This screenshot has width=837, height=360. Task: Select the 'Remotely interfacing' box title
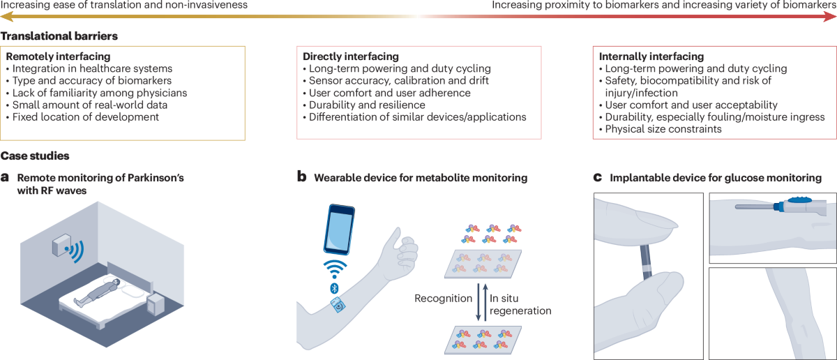58,56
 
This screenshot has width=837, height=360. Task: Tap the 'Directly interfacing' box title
351,56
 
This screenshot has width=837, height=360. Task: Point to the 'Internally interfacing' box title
651,56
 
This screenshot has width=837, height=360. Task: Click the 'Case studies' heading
35,156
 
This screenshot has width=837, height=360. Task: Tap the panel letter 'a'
5,177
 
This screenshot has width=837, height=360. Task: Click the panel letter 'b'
302,177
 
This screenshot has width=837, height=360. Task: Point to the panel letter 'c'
597,177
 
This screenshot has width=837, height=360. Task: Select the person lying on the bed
97,292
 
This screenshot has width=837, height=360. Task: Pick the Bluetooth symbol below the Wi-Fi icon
334,287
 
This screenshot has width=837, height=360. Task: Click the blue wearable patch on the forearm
338,305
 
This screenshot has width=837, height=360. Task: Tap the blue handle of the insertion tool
802,205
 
